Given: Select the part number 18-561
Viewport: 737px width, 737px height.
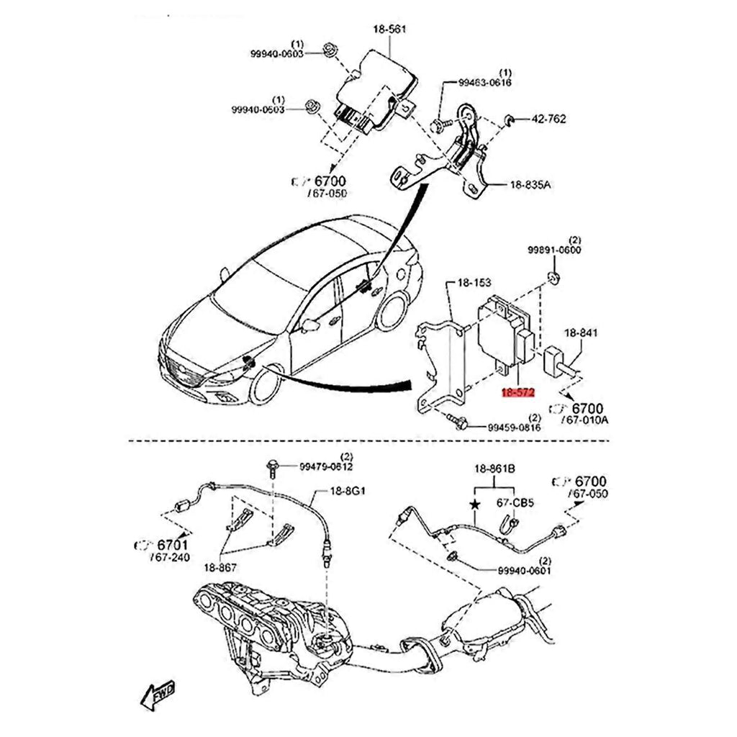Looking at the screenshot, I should pyautogui.click(x=389, y=30).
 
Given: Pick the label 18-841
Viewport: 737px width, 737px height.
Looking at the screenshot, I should pyautogui.click(x=581, y=333).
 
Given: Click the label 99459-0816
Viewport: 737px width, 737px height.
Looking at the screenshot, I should pyautogui.click(x=514, y=428).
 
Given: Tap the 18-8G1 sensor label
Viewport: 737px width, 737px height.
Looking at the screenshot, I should pyautogui.click(x=348, y=492).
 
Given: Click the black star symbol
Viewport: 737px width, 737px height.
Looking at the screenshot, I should pyautogui.click(x=474, y=505).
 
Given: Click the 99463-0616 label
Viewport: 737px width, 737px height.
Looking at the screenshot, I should pyautogui.click(x=485, y=83).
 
